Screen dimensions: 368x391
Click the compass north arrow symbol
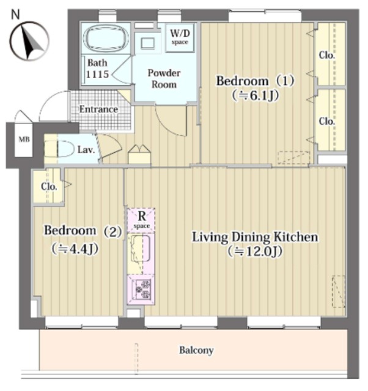(x=29, y=41)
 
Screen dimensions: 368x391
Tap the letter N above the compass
(x=16, y=15)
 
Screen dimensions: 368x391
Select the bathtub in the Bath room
(x=106, y=38)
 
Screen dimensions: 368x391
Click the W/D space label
(x=180, y=37)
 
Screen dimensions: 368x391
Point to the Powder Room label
(x=164, y=79)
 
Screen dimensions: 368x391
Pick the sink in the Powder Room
(x=148, y=43)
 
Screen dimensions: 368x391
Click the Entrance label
(x=98, y=109)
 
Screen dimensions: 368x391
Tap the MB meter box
(x=24, y=139)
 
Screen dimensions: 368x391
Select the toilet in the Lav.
(x=66, y=149)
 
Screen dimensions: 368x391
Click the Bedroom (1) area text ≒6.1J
(x=255, y=95)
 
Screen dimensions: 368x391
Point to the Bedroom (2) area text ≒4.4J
(x=75, y=249)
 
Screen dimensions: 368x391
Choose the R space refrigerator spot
(x=141, y=219)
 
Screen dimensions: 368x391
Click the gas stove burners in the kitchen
(x=142, y=289)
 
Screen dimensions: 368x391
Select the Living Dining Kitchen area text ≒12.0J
(x=255, y=251)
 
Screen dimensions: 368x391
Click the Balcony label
(x=196, y=350)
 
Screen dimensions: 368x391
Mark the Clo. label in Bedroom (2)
(x=49, y=186)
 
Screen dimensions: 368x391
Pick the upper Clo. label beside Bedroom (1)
(x=327, y=55)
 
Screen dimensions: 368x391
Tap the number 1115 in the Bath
(x=97, y=74)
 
